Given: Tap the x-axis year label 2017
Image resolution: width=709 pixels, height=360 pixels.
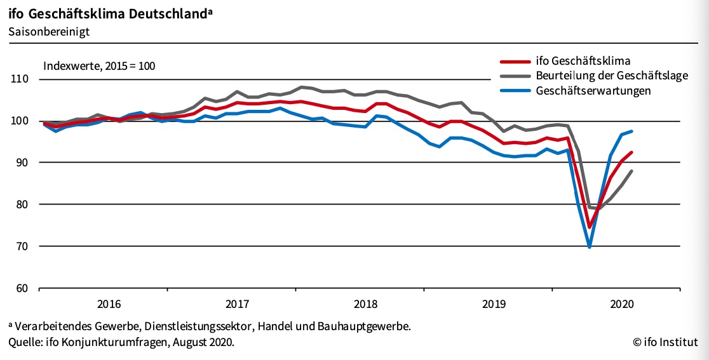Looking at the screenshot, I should pos(237,303).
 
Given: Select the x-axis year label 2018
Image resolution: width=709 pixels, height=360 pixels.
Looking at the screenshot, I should pos(365,303).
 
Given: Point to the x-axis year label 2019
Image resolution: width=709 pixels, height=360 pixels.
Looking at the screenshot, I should pos(494,303).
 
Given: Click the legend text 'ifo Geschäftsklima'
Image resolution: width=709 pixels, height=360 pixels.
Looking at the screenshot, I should pos(583,62).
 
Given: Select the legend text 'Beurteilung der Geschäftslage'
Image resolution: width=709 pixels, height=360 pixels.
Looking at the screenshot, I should pos(612,76).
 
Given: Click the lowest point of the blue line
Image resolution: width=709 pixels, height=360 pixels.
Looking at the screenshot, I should pos(590,246).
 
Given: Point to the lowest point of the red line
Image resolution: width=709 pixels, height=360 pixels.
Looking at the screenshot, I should pos(590,227).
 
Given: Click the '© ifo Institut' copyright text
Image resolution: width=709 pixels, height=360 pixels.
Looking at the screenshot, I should pos(665,343).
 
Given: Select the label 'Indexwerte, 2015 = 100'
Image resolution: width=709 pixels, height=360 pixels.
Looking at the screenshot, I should pos(99,65).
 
